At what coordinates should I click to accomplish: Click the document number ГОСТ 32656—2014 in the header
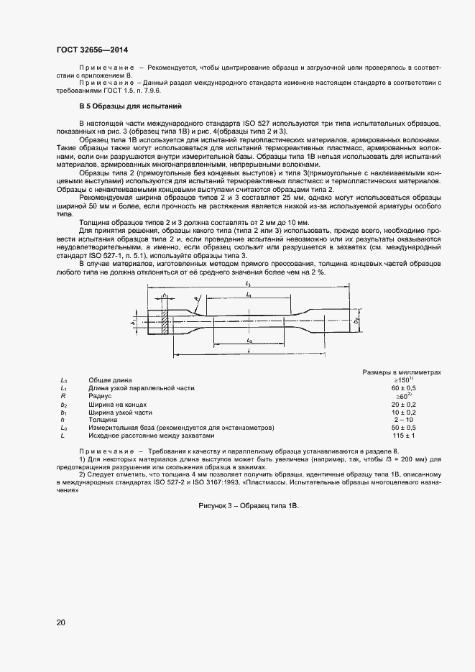pyautogui.click(x=96, y=50)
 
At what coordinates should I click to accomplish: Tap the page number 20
pyautogui.click(x=61, y=622)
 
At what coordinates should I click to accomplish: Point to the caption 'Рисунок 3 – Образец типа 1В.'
pyautogui.click(x=248, y=506)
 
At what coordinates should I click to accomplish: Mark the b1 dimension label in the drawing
pyautogui.click(x=134, y=323)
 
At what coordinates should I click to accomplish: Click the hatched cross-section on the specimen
pyautogui.click(x=166, y=321)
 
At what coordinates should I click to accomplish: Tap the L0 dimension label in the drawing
pyautogui.click(x=248, y=341)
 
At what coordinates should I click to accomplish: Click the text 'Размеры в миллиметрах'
pyautogui.click(x=402, y=372)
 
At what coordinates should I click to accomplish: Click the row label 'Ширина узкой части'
pyautogui.click(x=120, y=412)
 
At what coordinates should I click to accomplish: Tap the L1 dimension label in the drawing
pyautogui.click(x=247, y=295)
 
